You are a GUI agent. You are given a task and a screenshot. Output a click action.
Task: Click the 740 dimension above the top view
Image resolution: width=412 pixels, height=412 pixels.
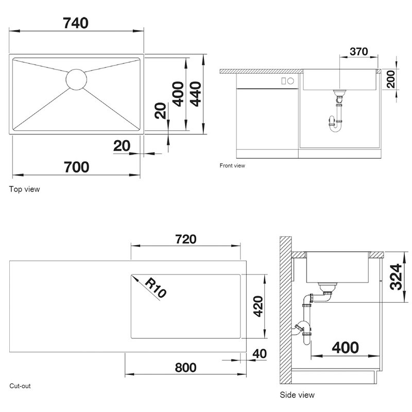(x=76, y=23)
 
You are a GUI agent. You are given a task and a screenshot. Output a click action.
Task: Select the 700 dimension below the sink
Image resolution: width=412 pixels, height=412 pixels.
(x=76, y=167)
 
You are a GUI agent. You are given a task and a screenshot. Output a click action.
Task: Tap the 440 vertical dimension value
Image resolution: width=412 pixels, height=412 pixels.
(x=196, y=94)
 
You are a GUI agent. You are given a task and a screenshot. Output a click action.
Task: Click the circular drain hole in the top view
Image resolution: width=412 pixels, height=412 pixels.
(x=76, y=79)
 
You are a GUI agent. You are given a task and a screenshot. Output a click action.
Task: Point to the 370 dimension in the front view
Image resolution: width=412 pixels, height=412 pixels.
(x=358, y=51)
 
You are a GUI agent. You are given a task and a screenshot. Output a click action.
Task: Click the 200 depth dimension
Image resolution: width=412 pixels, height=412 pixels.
(x=391, y=79)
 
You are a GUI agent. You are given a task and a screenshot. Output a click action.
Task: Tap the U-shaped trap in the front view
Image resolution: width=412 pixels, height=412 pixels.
(x=335, y=124)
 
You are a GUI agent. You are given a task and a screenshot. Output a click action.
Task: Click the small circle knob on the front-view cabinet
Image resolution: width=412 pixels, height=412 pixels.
(x=290, y=81)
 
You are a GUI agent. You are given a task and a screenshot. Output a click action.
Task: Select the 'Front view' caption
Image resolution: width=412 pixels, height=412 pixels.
(x=232, y=165)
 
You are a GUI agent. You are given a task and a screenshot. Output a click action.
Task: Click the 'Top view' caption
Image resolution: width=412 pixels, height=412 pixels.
(x=24, y=189)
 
